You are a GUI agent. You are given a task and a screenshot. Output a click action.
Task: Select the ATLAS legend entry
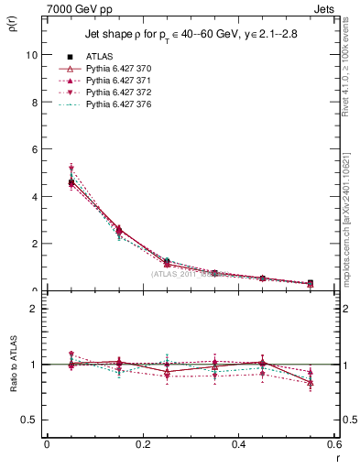coord(101,57)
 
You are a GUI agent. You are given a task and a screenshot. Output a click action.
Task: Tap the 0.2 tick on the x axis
coord(142,444)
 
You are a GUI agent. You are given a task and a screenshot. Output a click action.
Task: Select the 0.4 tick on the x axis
coord(238,444)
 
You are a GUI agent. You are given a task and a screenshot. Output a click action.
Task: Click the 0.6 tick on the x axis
coord(333,444)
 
